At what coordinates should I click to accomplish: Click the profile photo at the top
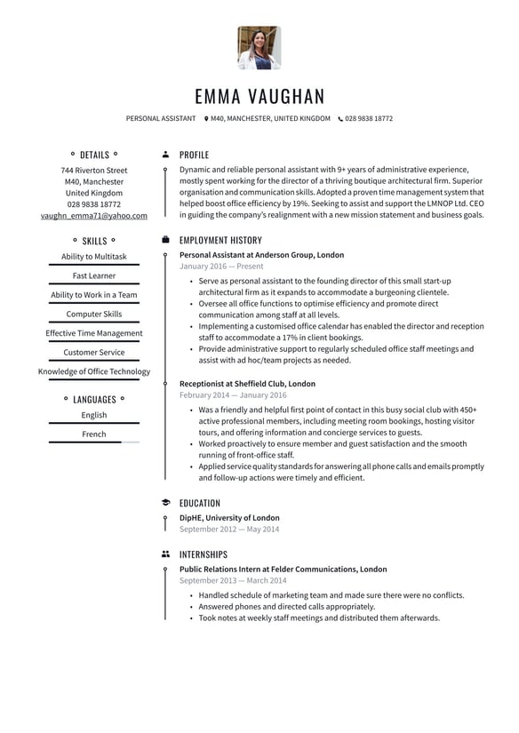click(259, 48)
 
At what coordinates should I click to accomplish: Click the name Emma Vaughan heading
click(259, 96)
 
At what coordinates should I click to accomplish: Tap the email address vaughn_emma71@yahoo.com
click(94, 215)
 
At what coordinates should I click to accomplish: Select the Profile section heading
click(194, 155)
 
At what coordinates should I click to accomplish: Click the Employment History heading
click(220, 240)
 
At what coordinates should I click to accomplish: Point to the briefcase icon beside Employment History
click(165, 240)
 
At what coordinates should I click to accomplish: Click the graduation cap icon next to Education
click(165, 503)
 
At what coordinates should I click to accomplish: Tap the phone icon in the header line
click(340, 118)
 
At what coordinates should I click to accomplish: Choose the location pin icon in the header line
click(206, 118)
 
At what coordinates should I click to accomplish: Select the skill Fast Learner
click(94, 275)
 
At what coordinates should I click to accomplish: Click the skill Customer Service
click(94, 353)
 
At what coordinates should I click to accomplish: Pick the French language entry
click(94, 434)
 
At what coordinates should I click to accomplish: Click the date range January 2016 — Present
click(221, 266)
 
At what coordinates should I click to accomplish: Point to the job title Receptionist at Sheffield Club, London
click(247, 384)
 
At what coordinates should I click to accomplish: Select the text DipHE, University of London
click(229, 517)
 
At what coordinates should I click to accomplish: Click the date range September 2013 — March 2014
click(229, 580)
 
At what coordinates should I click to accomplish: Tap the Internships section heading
click(203, 554)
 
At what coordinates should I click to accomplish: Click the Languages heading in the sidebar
click(94, 400)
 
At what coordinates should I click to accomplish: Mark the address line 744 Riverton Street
click(94, 170)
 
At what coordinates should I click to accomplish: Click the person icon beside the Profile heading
click(165, 155)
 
